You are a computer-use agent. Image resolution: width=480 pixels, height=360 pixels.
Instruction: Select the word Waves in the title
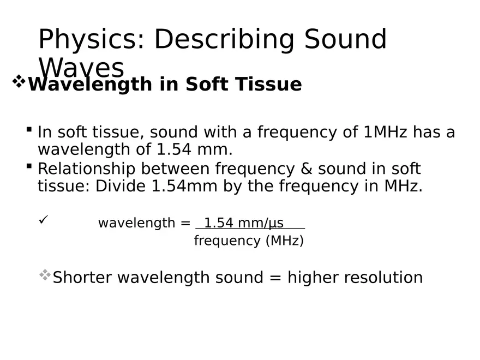coord(82,68)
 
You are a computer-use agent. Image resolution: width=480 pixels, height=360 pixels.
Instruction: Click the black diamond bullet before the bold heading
coord(19,83)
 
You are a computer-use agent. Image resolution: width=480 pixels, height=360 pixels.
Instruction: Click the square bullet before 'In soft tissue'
coord(29,130)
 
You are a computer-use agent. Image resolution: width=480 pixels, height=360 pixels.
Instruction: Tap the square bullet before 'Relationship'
coord(29,166)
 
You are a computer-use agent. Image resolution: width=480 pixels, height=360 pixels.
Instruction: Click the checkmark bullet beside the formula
coord(44,219)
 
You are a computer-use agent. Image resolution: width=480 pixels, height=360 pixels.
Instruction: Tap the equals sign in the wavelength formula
coord(186,223)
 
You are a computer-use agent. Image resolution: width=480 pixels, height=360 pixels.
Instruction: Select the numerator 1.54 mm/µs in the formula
coord(244,223)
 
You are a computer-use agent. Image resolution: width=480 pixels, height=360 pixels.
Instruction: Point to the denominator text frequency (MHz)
coord(249,241)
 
